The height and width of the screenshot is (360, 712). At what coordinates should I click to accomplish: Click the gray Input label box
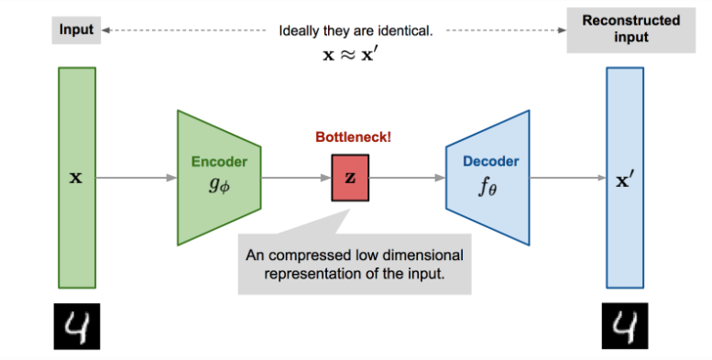[77, 29]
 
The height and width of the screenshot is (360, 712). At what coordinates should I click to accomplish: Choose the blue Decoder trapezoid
[488, 178]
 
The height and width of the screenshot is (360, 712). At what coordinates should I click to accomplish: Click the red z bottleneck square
[351, 178]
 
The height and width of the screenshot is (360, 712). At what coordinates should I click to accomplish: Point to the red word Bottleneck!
[354, 138]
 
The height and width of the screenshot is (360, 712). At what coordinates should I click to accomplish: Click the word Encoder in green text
[219, 162]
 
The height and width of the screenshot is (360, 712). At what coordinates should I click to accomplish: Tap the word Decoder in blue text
[490, 161]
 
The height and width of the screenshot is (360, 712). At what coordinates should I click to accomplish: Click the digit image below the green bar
[77, 327]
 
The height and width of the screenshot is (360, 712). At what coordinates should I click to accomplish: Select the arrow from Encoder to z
[297, 178]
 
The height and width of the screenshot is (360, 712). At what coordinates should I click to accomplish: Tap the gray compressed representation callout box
[354, 264]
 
